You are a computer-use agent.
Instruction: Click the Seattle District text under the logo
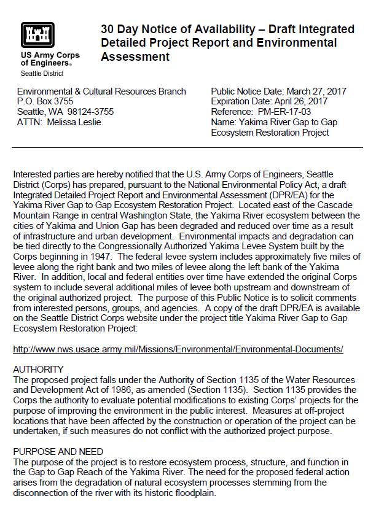click(x=42, y=74)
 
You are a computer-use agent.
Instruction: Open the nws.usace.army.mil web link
click(x=178, y=349)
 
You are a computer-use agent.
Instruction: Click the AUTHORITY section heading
click(x=38, y=369)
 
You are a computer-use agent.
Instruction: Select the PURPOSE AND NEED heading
click(x=58, y=451)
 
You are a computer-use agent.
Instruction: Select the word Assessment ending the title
click(x=135, y=56)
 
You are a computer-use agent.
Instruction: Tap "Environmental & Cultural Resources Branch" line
click(x=101, y=91)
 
